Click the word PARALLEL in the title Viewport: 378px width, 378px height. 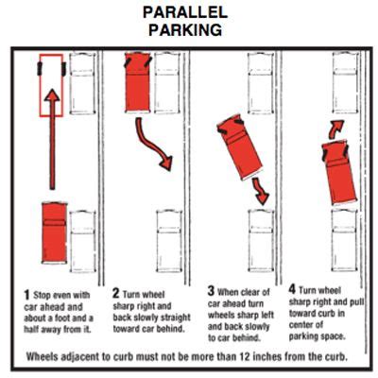(185, 12)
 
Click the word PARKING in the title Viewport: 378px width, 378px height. (185, 30)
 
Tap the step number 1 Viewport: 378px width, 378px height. (26, 295)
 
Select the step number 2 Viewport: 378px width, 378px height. (116, 293)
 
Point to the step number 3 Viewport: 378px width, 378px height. (211, 291)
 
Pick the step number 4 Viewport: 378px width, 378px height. (293, 289)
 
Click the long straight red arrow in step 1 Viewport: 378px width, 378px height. (52, 139)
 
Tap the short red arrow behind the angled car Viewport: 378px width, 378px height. (260, 191)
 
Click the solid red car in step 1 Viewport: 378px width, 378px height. (55, 233)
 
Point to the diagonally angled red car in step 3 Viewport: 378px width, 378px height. (239, 147)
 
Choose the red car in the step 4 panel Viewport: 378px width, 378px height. (338, 172)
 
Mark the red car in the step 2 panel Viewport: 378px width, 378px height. (138, 82)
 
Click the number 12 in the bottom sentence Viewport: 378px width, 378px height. (243, 356)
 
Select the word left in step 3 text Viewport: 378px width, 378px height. (267, 315)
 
